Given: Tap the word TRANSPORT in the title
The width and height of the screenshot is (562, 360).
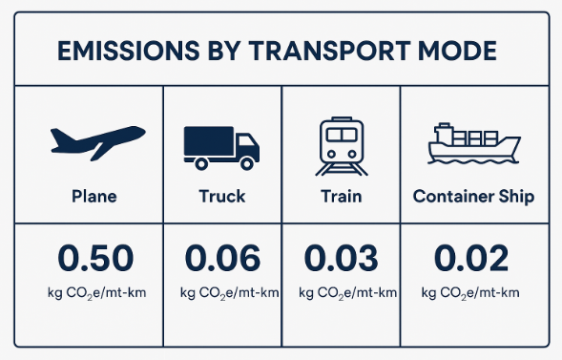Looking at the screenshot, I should click(x=326, y=50).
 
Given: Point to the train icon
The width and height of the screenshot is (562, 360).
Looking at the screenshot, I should click(x=341, y=147).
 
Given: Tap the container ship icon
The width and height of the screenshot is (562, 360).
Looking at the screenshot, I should click(x=473, y=144).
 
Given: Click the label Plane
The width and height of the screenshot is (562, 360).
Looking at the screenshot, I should click(x=94, y=197).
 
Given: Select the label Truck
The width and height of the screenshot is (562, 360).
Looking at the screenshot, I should click(x=221, y=197).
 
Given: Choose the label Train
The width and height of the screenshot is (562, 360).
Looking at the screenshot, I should click(x=341, y=197).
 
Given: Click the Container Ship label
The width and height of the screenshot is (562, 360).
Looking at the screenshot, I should click(x=473, y=197).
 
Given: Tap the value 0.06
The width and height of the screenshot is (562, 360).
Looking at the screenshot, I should click(x=222, y=258).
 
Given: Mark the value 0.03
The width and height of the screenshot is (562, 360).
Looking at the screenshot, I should click(x=341, y=258).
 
